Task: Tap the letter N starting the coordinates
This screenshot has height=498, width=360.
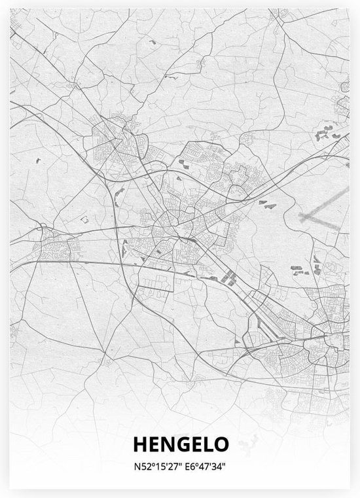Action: [x=135, y=467]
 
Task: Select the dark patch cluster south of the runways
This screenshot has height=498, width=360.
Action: [x=298, y=268]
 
